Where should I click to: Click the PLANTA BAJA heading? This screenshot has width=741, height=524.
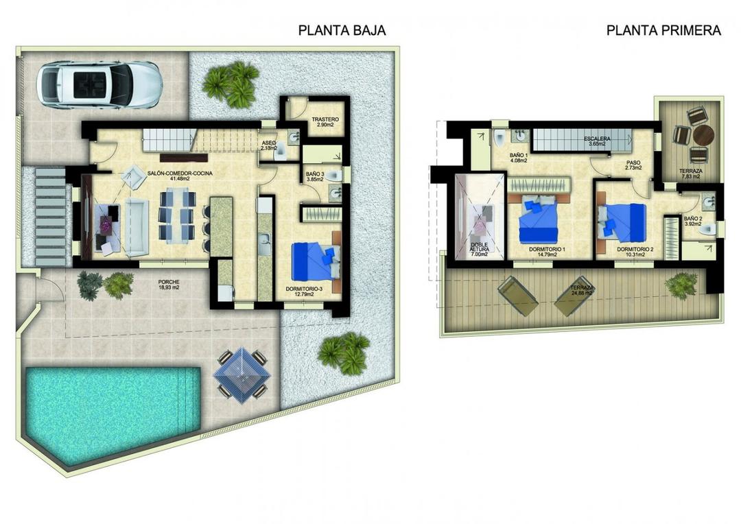click(342, 30)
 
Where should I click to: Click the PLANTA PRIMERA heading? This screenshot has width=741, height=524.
click(663, 30)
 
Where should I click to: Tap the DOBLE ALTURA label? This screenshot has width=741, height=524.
click(478, 249)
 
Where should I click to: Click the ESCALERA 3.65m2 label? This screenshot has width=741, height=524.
click(597, 141)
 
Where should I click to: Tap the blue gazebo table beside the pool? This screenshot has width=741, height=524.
click(240, 373)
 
